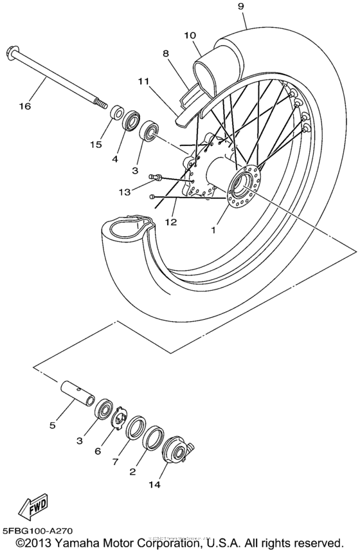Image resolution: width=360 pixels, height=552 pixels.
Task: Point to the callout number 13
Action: [x=125, y=191]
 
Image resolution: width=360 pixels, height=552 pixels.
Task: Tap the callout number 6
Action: [x=98, y=451]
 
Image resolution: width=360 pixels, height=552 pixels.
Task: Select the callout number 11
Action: [x=143, y=82]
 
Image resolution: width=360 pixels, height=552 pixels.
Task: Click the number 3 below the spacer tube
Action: [x=79, y=441]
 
